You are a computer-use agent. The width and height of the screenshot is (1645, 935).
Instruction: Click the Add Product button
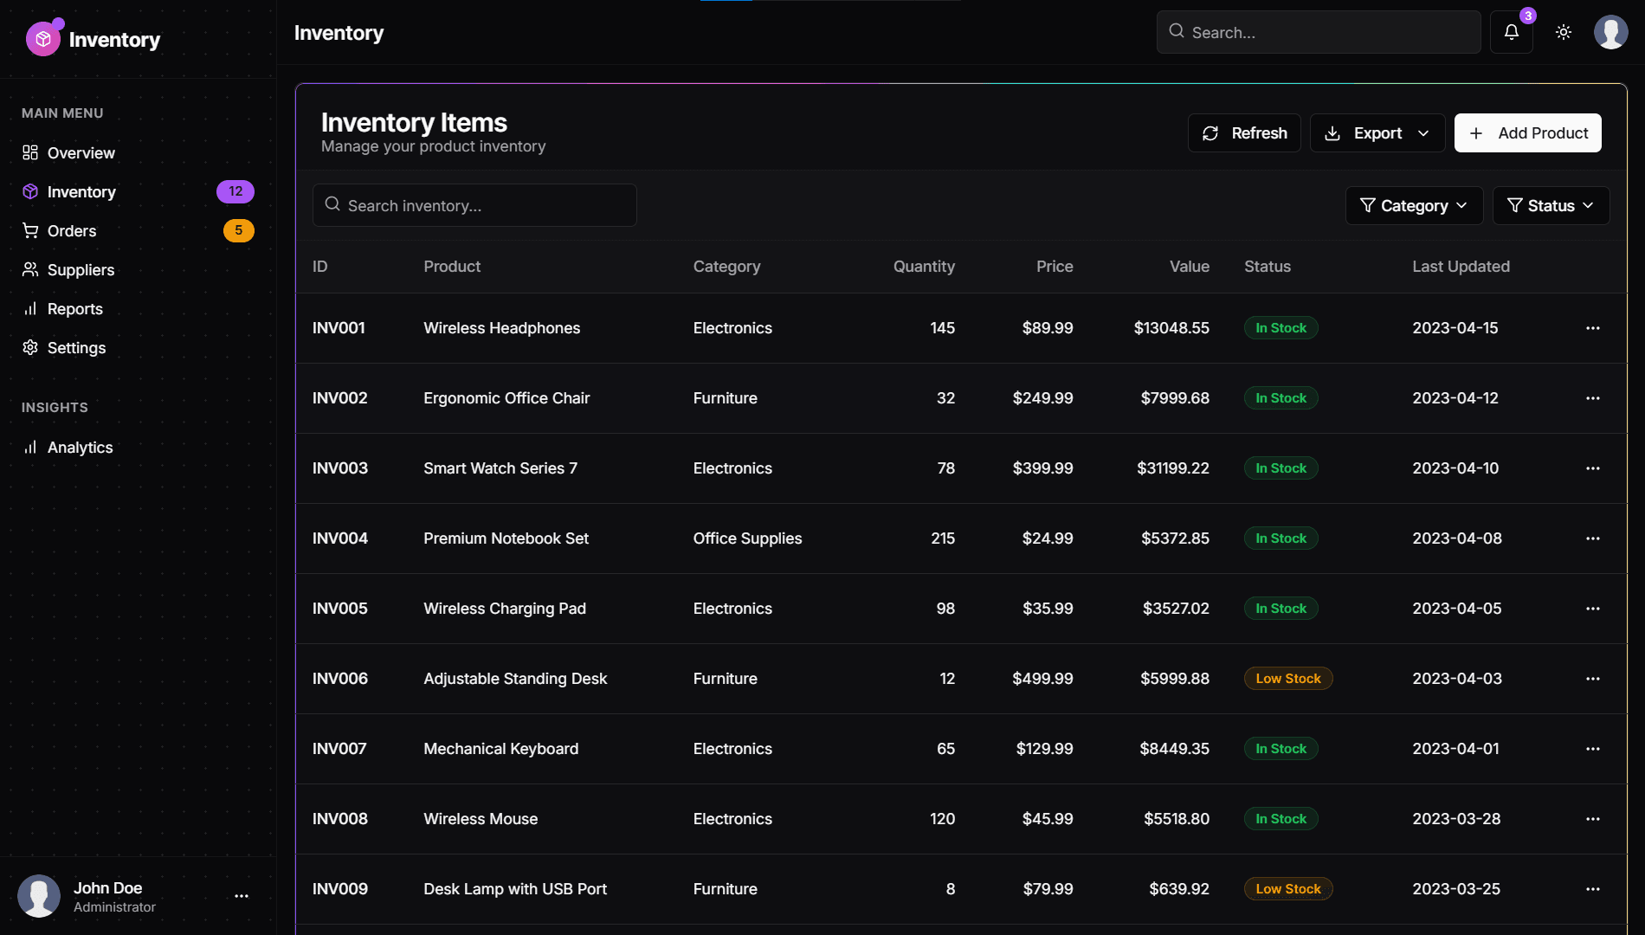point(1527,133)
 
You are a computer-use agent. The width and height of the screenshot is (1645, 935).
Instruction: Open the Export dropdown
point(1377,133)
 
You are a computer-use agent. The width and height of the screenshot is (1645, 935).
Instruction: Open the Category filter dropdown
point(1414,206)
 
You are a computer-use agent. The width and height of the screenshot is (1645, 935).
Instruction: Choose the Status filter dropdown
point(1550,206)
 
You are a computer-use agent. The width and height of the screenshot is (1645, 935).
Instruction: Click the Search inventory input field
point(474,206)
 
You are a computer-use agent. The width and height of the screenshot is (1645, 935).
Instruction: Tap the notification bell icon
point(1511,32)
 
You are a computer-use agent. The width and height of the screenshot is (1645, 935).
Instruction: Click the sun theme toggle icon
point(1563,32)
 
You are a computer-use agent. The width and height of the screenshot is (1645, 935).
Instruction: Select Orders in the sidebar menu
point(72,231)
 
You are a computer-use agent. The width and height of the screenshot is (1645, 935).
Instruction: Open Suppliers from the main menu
point(81,270)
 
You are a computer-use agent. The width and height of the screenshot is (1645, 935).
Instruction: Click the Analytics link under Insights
point(80,448)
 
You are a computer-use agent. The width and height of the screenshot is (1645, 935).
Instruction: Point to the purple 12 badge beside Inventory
point(235,191)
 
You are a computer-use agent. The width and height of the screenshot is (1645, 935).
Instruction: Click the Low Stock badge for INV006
point(1287,679)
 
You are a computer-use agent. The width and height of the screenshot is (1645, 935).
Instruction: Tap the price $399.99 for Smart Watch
point(1042,468)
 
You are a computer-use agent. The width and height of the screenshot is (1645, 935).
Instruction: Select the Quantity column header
point(923,267)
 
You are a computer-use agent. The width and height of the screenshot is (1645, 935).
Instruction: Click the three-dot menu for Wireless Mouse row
point(1592,819)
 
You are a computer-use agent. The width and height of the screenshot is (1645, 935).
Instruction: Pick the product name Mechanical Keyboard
point(500,749)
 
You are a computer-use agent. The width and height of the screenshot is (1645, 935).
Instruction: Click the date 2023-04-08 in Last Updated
point(1456,538)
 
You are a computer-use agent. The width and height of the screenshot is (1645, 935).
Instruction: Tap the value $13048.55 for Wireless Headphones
point(1171,328)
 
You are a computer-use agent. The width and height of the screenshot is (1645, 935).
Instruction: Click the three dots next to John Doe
point(242,896)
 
